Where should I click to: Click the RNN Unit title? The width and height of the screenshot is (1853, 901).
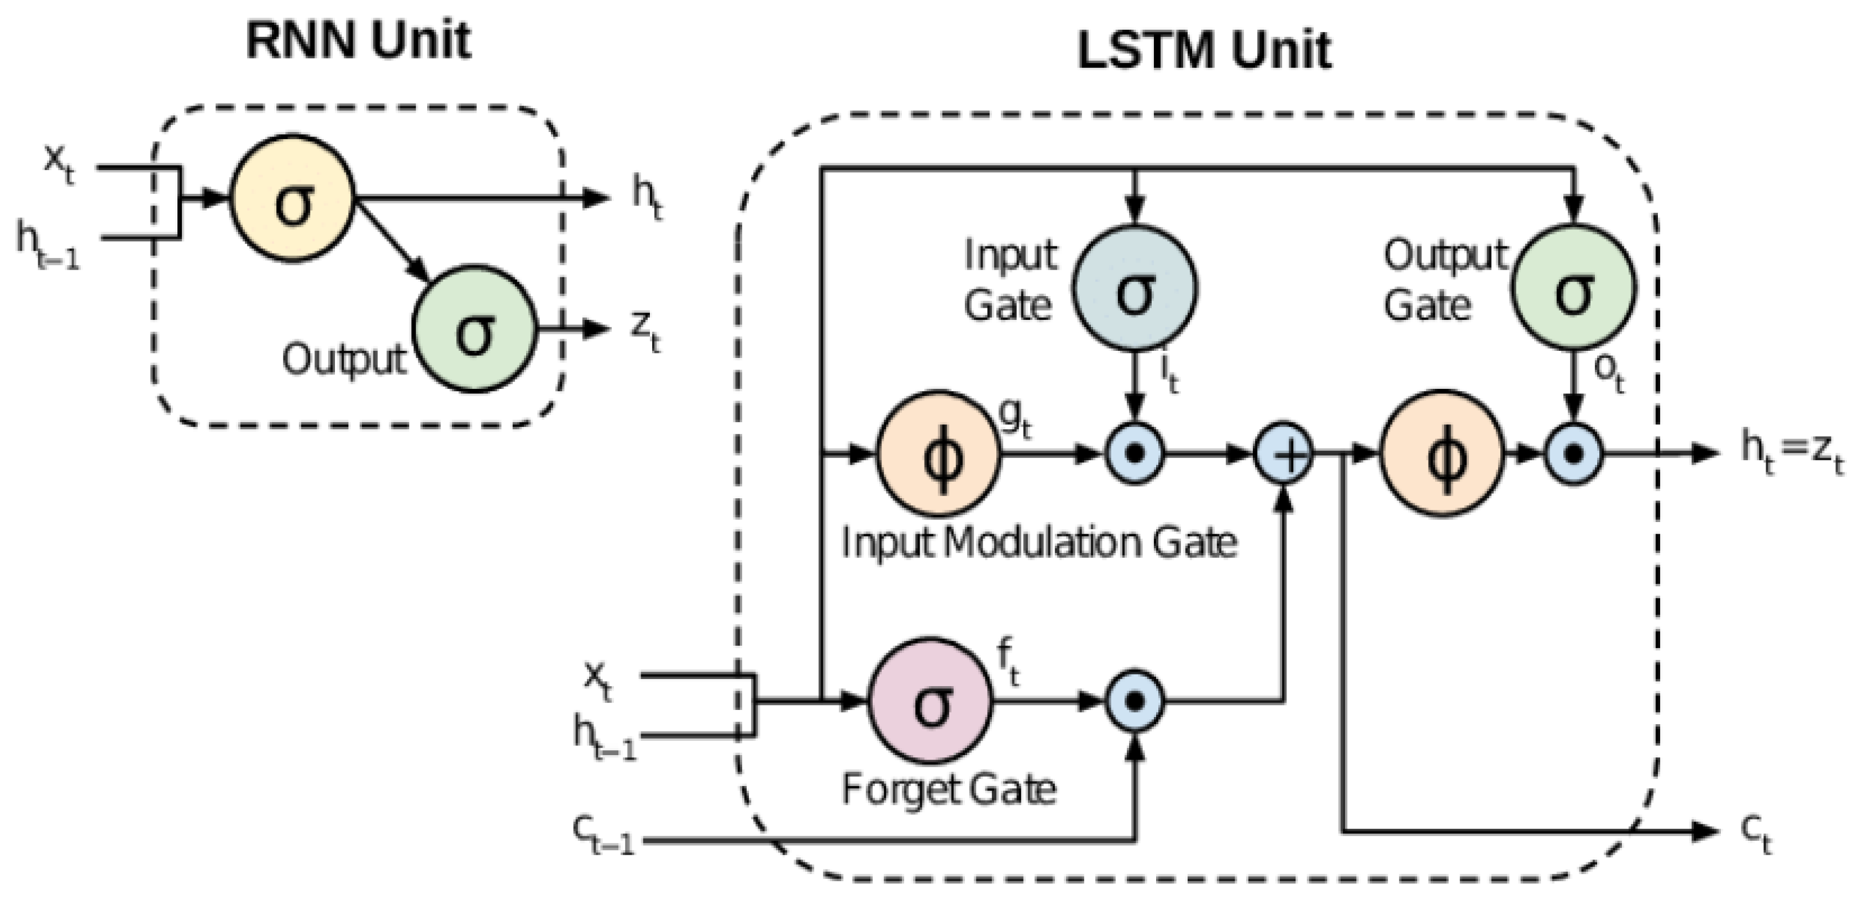point(358,40)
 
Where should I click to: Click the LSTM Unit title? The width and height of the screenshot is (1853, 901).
point(1204,51)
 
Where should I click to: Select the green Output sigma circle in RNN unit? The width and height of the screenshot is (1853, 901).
point(475,329)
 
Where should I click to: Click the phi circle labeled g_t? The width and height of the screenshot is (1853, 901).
point(938,454)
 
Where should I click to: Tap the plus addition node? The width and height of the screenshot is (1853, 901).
point(1284,454)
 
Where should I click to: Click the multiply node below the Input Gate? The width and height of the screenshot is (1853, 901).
point(1135,454)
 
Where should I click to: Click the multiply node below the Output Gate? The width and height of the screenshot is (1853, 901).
point(1574,454)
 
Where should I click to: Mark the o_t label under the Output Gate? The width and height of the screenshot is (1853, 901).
point(1609,372)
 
